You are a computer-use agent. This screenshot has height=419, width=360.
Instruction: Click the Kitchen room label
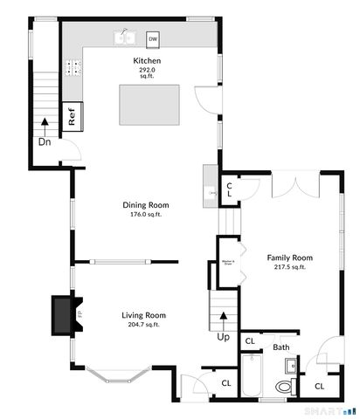147,60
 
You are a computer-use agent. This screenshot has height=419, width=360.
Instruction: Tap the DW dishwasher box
153,38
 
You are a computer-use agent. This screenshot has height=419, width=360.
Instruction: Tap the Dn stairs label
43,141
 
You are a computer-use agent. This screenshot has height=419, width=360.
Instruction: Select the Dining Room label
146,205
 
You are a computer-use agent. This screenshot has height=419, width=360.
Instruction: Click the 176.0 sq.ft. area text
147,214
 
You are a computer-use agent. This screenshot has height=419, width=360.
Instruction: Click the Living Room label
142,315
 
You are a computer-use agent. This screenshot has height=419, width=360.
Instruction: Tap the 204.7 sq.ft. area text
142,325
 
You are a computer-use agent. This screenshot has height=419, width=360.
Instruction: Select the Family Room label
289,258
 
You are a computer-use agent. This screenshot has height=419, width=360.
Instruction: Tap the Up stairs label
224,336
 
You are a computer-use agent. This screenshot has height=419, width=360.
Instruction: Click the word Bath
280,347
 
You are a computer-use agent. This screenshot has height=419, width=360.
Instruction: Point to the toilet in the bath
284,385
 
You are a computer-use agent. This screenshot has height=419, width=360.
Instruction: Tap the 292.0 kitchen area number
147,70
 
